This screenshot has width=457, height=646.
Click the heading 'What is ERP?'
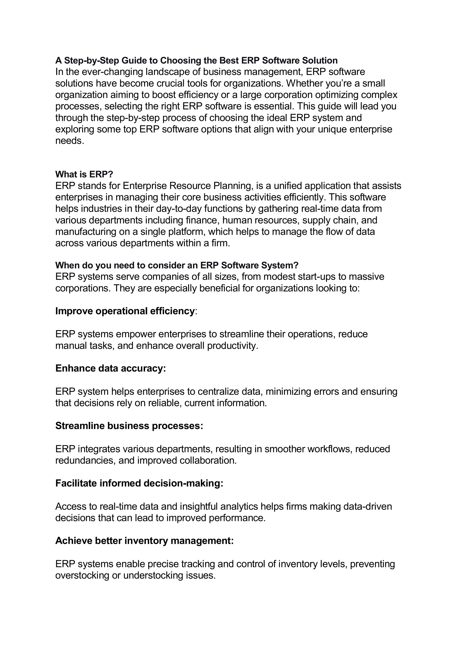(x=84, y=174)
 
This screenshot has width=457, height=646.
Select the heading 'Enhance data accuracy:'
(x=110, y=368)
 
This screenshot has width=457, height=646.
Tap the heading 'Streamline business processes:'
(x=129, y=426)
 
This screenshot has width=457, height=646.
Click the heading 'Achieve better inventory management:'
(x=144, y=541)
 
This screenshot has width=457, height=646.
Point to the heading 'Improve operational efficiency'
(x=125, y=311)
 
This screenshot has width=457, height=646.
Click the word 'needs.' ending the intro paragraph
(x=70, y=141)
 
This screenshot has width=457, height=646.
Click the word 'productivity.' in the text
(x=233, y=345)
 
